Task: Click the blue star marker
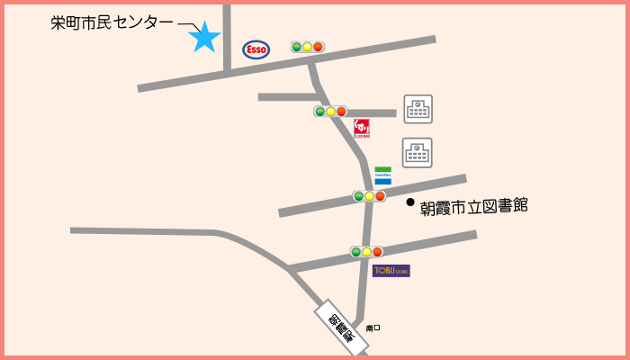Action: click(204, 37)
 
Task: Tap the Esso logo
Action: click(256, 49)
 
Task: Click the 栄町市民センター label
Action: click(112, 23)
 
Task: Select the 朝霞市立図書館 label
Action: click(473, 206)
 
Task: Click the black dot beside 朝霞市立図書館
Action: click(409, 202)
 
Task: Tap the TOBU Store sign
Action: click(391, 270)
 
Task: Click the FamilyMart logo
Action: click(382, 175)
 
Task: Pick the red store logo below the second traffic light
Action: click(361, 128)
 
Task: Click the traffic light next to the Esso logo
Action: click(307, 47)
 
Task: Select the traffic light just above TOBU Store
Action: click(366, 252)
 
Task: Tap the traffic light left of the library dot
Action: click(369, 196)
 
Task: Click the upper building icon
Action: click(418, 109)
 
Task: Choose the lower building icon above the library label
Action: click(418, 152)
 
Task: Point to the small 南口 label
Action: click(373, 328)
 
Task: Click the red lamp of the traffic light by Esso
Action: click(318, 47)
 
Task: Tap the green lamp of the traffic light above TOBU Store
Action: click(355, 252)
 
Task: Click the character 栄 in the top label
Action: click(58, 23)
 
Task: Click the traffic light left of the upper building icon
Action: click(330, 112)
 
